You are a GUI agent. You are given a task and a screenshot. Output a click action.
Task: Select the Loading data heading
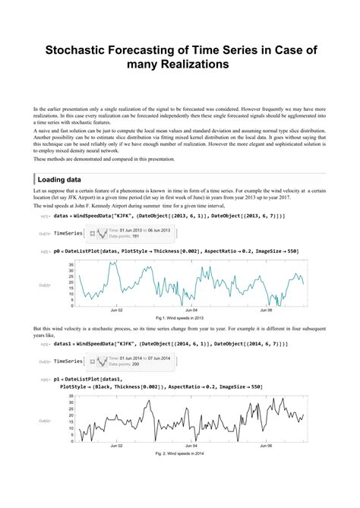click(x=64, y=179)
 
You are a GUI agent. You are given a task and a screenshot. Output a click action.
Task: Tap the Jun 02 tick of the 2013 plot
click(x=118, y=310)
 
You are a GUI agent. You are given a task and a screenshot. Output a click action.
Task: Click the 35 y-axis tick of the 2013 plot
click(x=71, y=263)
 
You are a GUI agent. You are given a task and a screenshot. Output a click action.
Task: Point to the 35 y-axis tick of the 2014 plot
click(x=71, y=399)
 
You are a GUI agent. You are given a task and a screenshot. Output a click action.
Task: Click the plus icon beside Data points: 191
click(x=93, y=234)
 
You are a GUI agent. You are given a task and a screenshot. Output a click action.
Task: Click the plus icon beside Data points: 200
click(x=93, y=361)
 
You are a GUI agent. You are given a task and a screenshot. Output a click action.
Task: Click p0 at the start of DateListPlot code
click(x=58, y=250)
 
